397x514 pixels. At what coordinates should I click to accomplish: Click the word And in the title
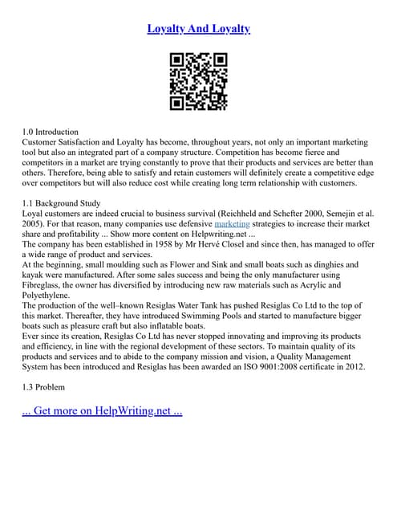[x=199, y=29]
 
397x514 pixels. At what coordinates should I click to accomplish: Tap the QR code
[x=199, y=82]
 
